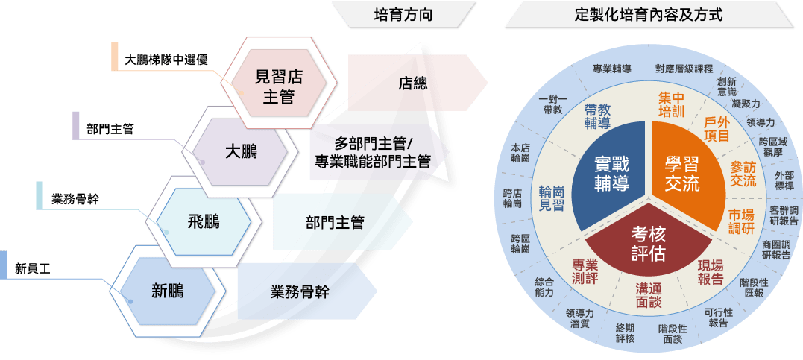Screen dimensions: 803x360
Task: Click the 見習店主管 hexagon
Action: (279, 83)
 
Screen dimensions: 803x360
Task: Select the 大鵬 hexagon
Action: (242, 152)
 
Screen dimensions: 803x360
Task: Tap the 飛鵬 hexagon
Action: (204, 221)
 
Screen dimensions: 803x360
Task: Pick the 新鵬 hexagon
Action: (168, 291)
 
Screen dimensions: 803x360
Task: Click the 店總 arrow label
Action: (413, 83)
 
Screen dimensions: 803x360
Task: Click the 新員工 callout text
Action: (33, 268)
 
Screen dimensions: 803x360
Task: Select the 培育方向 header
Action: (403, 16)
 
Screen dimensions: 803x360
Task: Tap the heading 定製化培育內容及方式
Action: (649, 16)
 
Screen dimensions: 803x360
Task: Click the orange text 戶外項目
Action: (717, 129)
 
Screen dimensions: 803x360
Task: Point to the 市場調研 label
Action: (741, 221)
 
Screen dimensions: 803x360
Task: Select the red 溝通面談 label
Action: (649, 295)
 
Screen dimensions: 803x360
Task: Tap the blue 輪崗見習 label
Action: (552, 198)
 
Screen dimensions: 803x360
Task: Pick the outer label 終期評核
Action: (625, 333)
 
